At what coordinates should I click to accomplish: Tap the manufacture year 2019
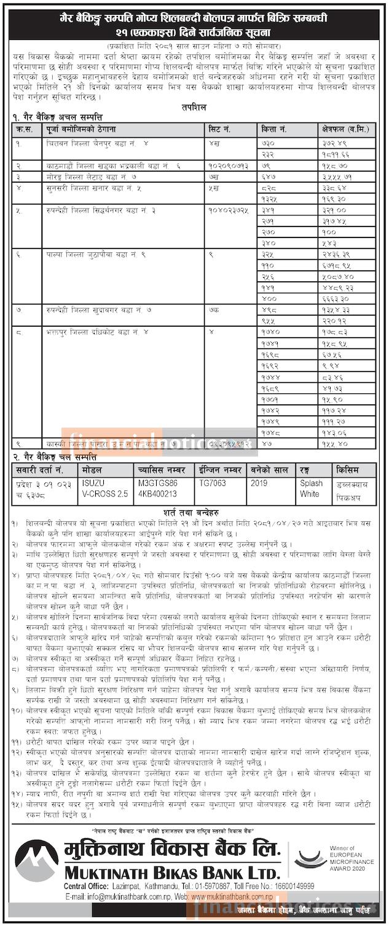[259, 484]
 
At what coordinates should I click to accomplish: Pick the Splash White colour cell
[310, 489]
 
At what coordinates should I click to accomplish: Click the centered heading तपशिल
[195, 106]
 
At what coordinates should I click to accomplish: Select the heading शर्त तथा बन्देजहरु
[195, 511]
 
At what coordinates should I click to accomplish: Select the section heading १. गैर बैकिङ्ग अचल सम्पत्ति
[57, 117]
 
